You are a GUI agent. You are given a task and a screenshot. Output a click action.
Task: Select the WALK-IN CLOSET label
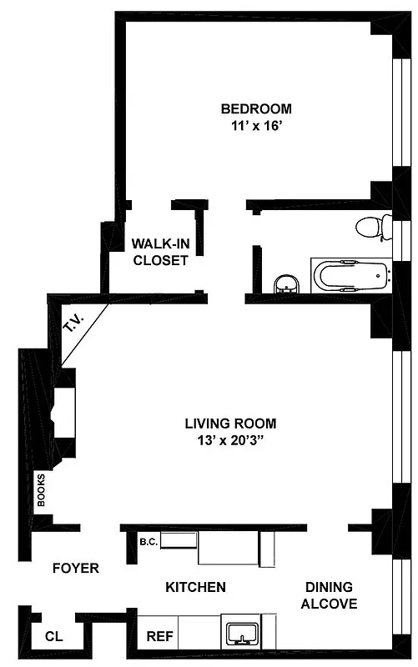[159, 252]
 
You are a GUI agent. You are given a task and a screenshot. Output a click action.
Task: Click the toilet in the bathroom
[372, 225]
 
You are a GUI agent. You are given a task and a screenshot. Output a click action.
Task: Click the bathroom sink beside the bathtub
[286, 284]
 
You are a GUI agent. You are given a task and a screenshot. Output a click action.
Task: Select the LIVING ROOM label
[230, 423]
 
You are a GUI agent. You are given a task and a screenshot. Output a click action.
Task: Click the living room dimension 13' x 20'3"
[230, 441]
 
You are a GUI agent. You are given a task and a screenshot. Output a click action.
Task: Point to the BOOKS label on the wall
[39, 491]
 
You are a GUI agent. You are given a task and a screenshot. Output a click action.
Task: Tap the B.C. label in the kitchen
[149, 542]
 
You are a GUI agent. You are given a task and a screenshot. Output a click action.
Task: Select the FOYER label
[75, 569]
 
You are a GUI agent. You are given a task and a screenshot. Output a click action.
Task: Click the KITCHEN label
[195, 588]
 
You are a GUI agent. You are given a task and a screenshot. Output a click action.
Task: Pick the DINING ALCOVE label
[329, 595]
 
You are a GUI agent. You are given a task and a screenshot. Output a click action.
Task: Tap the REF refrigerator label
[159, 636]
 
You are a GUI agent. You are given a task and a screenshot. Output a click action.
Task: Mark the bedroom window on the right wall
[397, 117]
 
